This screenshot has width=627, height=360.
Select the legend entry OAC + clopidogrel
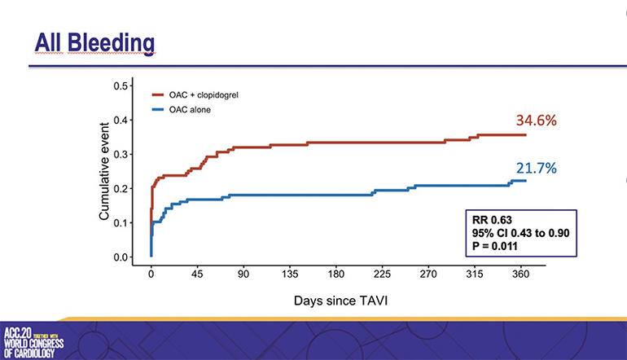[x=204, y=95]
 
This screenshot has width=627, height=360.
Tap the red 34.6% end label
[x=536, y=121]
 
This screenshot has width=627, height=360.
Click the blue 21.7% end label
[x=535, y=169]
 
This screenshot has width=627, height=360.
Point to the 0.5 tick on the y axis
[x=121, y=86]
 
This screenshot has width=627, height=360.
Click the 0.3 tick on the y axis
[x=121, y=154]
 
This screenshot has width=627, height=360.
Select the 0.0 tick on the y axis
[x=121, y=257]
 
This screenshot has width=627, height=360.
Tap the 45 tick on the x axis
[x=196, y=275]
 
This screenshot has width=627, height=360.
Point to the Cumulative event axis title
[x=104, y=172]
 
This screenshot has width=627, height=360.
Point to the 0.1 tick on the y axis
[x=121, y=223]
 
